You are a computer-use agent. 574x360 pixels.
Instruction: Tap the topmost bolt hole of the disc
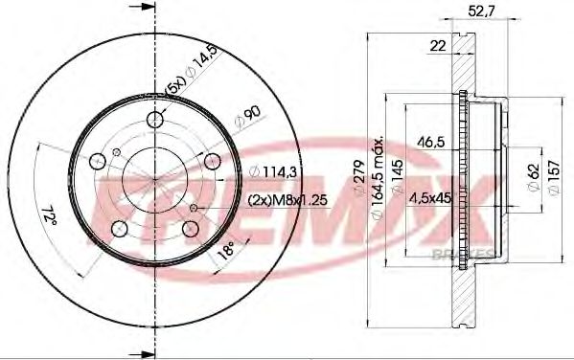155,119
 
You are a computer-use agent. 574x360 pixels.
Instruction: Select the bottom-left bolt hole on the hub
119,230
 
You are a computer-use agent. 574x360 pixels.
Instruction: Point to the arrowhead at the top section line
149,8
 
